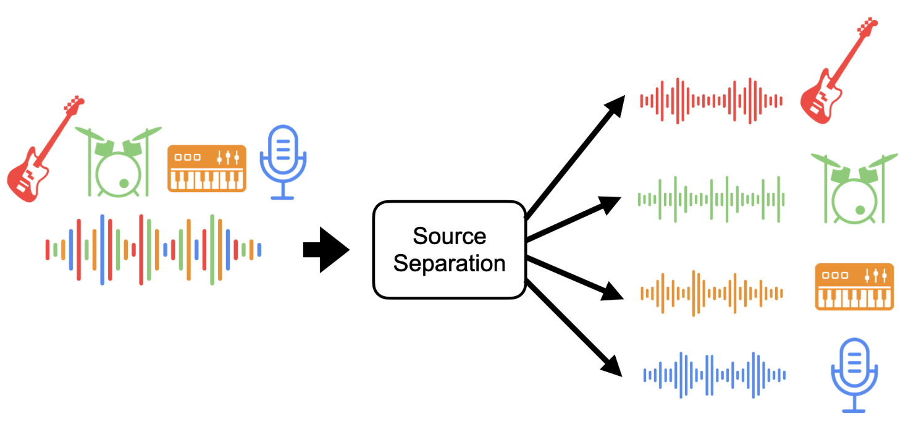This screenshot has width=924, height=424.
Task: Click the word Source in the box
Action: (449, 235)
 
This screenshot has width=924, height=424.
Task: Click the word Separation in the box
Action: (449, 263)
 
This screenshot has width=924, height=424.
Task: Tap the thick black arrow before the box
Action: (325, 249)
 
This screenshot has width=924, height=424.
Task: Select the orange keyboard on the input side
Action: (207, 168)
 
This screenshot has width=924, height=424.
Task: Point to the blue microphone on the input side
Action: (283, 162)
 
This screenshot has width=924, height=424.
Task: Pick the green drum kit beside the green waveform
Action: (854, 188)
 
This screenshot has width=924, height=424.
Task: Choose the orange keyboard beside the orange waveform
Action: (854, 286)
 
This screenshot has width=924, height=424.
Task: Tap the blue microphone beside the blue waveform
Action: (854, 374)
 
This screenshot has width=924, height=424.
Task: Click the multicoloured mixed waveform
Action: (153, 249)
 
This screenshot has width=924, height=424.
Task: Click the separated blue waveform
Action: (714, 375)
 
